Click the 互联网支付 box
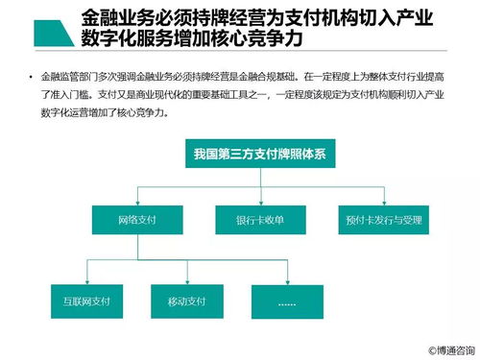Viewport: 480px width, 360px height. pyautogui.click(x=79, y=300)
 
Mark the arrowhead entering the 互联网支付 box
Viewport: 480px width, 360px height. pyautogui.click(x=79, y=281)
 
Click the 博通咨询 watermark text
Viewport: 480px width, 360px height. pyautogui.click(x=450, y=350)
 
